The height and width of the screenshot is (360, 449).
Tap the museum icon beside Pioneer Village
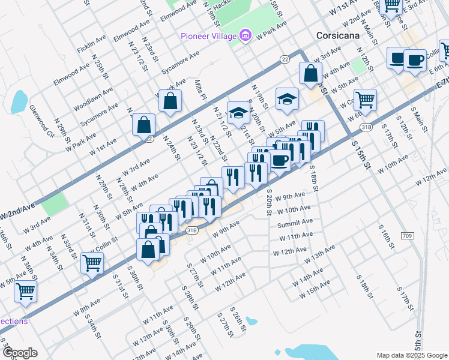coord(245,36)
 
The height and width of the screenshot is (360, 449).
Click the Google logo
coord(20,353)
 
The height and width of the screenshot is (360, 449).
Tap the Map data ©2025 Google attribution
coord(411,355)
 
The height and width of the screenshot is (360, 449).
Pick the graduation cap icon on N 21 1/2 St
coord(238,112)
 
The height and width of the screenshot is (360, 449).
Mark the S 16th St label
coord(384,235)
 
